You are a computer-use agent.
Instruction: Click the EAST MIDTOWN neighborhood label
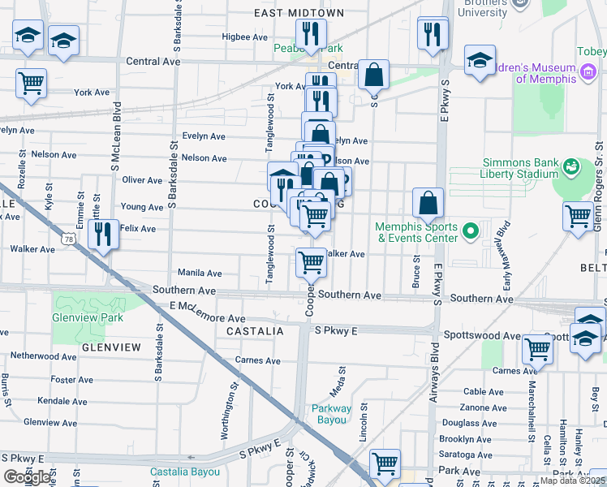[299, 13]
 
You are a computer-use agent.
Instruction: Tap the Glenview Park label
[89, 318]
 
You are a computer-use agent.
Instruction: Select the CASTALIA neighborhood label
[255, 332]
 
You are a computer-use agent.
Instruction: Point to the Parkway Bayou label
[332, 414]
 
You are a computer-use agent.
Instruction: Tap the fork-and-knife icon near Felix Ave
[103, 235]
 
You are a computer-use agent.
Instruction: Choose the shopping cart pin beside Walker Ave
[311, 263]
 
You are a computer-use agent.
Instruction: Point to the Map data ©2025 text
[572, 481]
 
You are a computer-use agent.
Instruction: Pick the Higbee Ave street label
[244, 37]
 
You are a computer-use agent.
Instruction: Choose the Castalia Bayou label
[181, 472]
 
